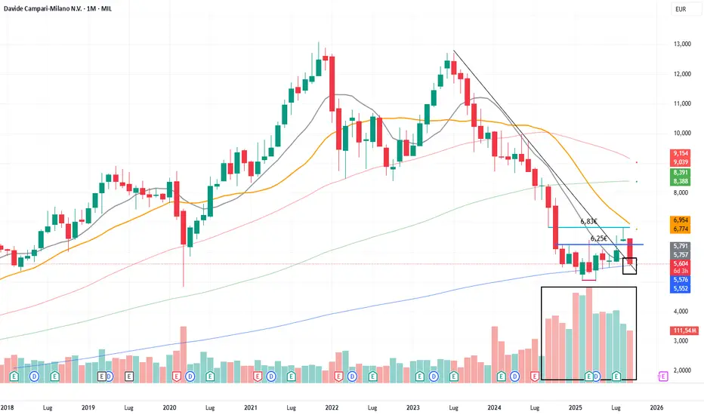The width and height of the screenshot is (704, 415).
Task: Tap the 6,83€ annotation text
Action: [589, 222]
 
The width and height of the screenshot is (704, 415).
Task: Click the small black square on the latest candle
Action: [629, 266]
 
